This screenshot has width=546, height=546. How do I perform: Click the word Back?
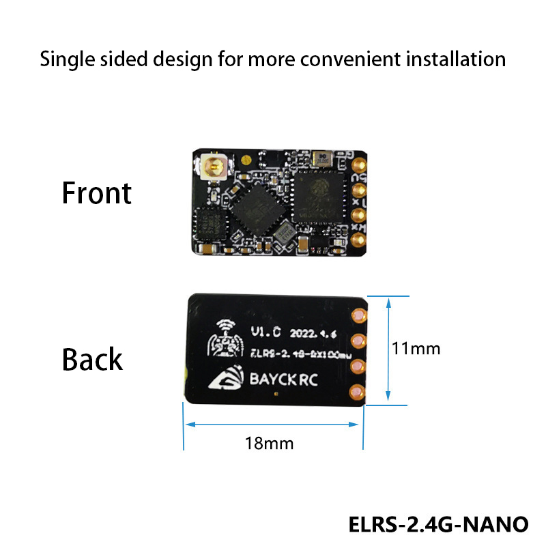coord(92,359)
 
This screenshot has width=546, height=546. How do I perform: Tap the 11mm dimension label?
coord(416,348)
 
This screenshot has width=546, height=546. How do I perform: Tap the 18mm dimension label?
coord(269,443)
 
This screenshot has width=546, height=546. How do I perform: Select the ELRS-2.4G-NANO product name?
coord(438,524)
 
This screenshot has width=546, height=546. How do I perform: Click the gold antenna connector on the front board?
coord(213,167)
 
